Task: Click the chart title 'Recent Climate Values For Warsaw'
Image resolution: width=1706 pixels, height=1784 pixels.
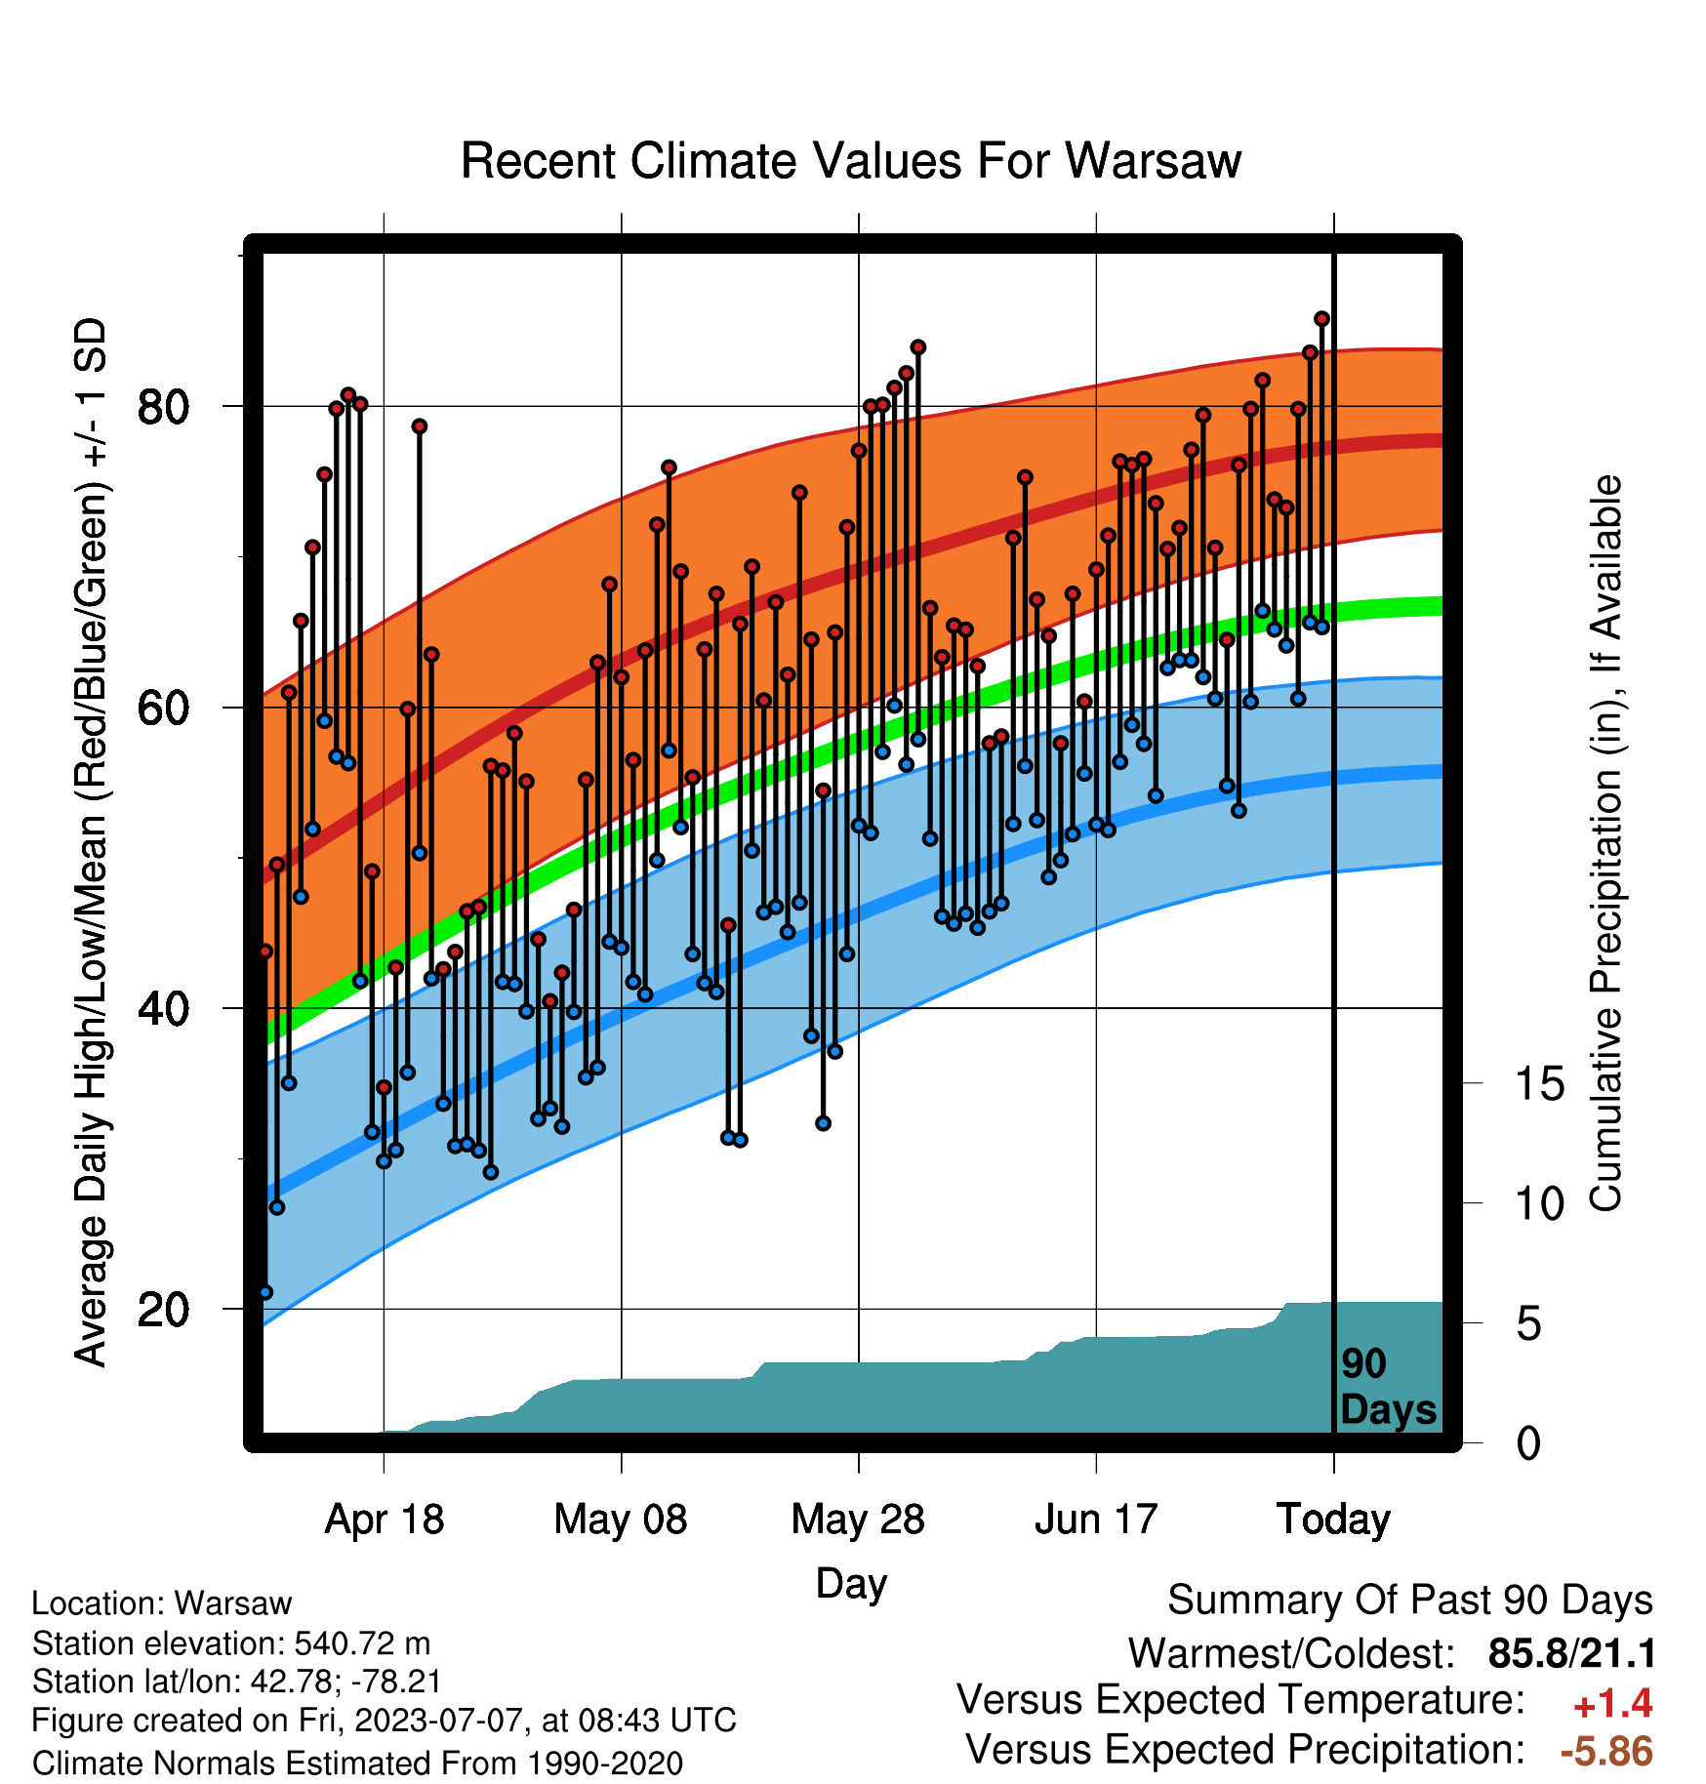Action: point(850,161)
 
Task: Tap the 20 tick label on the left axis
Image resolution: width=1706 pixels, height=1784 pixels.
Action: point(163,1309)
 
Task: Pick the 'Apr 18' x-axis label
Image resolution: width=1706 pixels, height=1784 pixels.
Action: point(384,1520)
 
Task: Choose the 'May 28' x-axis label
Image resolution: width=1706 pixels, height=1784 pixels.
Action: point(858,1520)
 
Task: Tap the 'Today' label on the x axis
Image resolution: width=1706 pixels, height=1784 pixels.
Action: point(1333,1520)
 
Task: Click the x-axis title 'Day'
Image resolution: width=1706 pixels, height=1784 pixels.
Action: point(851,1584)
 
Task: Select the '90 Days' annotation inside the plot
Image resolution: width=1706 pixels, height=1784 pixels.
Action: point(1388,1387)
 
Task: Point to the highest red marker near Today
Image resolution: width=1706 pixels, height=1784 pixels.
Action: point(1321,319)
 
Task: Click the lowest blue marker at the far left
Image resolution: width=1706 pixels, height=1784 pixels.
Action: point(265,1292)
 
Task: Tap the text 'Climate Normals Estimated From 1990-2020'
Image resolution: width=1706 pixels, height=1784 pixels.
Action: point(357,1764)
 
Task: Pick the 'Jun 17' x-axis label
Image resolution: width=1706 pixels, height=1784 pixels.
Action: point(1096,1520)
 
